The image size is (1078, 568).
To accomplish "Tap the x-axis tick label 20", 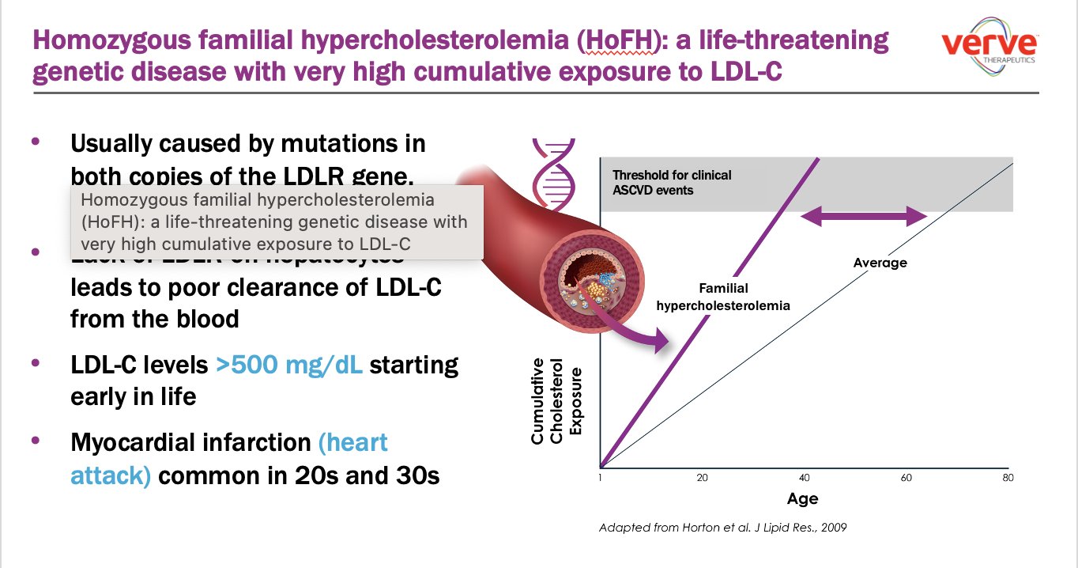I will click(x=701, y=478).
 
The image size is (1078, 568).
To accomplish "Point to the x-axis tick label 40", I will click(x=805, y=478).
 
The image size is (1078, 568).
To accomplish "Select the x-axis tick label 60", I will click(x=906, y=478).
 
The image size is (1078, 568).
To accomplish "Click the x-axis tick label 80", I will click(x=1008, y=478).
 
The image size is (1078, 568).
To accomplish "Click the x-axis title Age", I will click(x=802, y=499).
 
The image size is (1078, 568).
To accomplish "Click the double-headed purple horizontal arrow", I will click(x=864, y=216).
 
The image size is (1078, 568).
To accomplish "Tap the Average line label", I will click(x=880, y=263).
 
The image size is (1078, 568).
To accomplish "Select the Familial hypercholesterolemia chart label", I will click(x=723, y=297).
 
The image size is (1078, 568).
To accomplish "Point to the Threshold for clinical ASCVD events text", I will click(x=672, y=182).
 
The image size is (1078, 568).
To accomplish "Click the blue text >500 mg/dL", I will click(x=289, y=365).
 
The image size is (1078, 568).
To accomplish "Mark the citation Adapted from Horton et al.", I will click(x=722, y=527).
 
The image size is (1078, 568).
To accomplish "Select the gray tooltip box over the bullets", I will click(x=277, y=222).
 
